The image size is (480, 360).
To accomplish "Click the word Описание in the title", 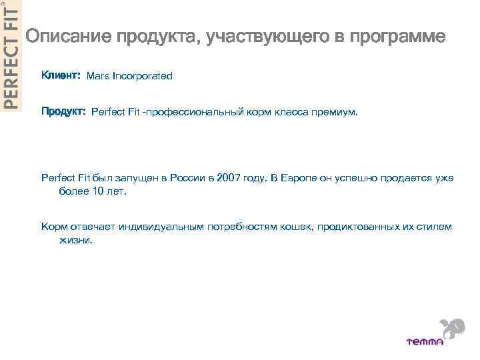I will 67,38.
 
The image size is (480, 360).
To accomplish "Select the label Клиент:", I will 61,76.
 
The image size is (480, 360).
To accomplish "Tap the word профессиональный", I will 197,113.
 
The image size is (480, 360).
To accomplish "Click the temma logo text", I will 425,341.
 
